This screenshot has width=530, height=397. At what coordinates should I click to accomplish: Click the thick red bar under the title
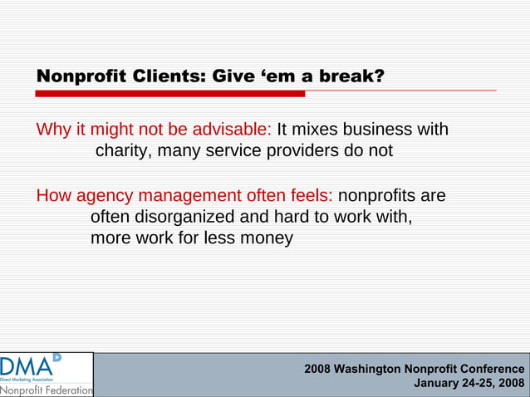click(x=170, y=94)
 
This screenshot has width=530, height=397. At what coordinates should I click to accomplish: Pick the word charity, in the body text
click(x=124, y=151)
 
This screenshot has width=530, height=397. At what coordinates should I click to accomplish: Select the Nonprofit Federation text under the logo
click(x=47, y=390)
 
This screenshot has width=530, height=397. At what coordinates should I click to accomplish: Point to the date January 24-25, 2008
click(x=469, y=384)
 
